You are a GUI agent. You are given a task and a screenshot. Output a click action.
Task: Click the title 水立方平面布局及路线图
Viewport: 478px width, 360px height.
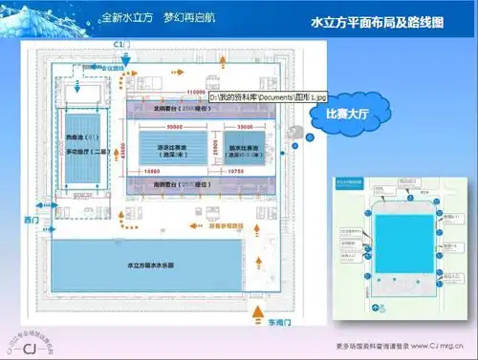(380, 21)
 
